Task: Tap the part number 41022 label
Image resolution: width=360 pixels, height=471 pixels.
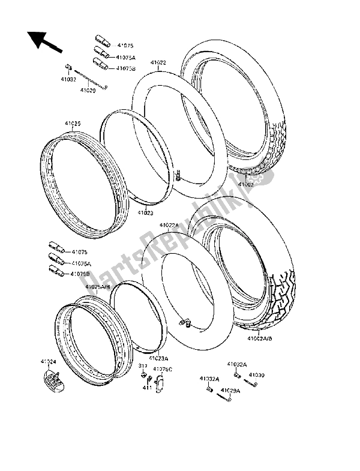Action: [158, 62]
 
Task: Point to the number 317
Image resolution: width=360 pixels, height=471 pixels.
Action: [143, 365]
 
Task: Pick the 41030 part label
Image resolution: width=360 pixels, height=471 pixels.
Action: [256, 375]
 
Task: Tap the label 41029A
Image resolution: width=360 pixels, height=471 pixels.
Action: [230, 391]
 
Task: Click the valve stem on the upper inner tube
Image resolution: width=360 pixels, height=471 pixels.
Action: [179, 175]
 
